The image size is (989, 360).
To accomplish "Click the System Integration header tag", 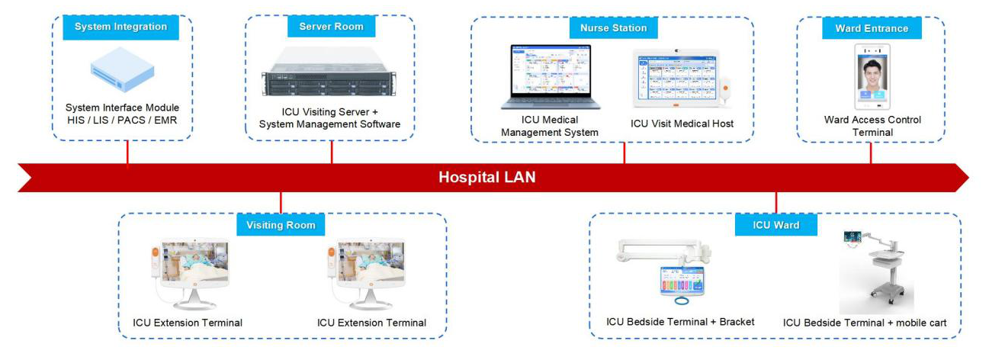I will point(120,27).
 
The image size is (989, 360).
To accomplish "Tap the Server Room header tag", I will point(331,27).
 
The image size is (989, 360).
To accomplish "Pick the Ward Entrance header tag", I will point(872,28).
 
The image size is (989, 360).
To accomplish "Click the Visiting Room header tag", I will point(281,225).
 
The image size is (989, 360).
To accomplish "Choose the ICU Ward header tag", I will point(776,225).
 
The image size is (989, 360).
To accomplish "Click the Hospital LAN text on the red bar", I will point(486,178).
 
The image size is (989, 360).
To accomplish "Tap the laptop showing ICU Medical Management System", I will point(550,77).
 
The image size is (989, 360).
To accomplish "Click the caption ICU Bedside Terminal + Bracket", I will point(680,322).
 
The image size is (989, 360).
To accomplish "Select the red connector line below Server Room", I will point(332,152).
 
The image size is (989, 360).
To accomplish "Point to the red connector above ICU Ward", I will point(775,202).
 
